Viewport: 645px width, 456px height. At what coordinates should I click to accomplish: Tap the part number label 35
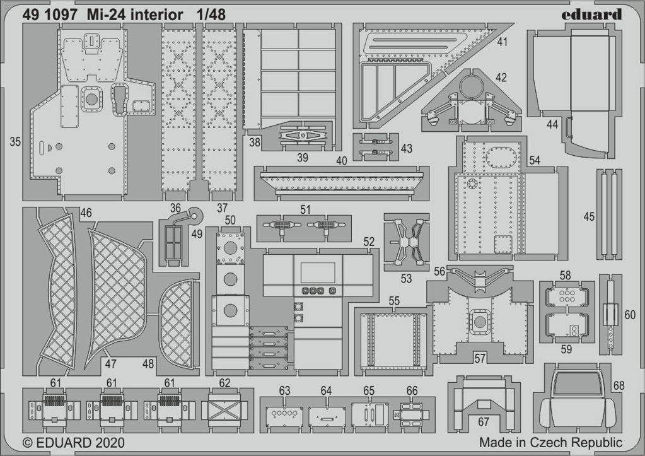(15, 142)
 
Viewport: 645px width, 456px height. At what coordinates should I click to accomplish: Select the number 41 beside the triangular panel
(503, 42)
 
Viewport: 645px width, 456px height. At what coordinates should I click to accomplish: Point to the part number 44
(552, 124)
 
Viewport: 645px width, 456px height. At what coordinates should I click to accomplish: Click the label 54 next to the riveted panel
(534, 160)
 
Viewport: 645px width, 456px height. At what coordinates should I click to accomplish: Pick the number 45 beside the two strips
(589, 216)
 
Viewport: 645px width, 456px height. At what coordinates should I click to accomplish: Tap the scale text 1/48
(211, 15)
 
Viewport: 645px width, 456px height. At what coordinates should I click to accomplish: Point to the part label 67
(484, 422)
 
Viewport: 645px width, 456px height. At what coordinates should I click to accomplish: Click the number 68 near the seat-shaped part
(619, 385)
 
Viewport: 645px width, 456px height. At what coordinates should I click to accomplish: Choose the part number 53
(406, 279)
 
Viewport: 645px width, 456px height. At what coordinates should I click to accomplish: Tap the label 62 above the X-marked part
(224, 383)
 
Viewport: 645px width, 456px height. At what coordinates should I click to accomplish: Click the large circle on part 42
(471, 86)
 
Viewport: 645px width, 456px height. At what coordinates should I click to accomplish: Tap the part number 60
(630, 315)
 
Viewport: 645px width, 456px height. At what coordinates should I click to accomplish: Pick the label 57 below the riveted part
(480, 358)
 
